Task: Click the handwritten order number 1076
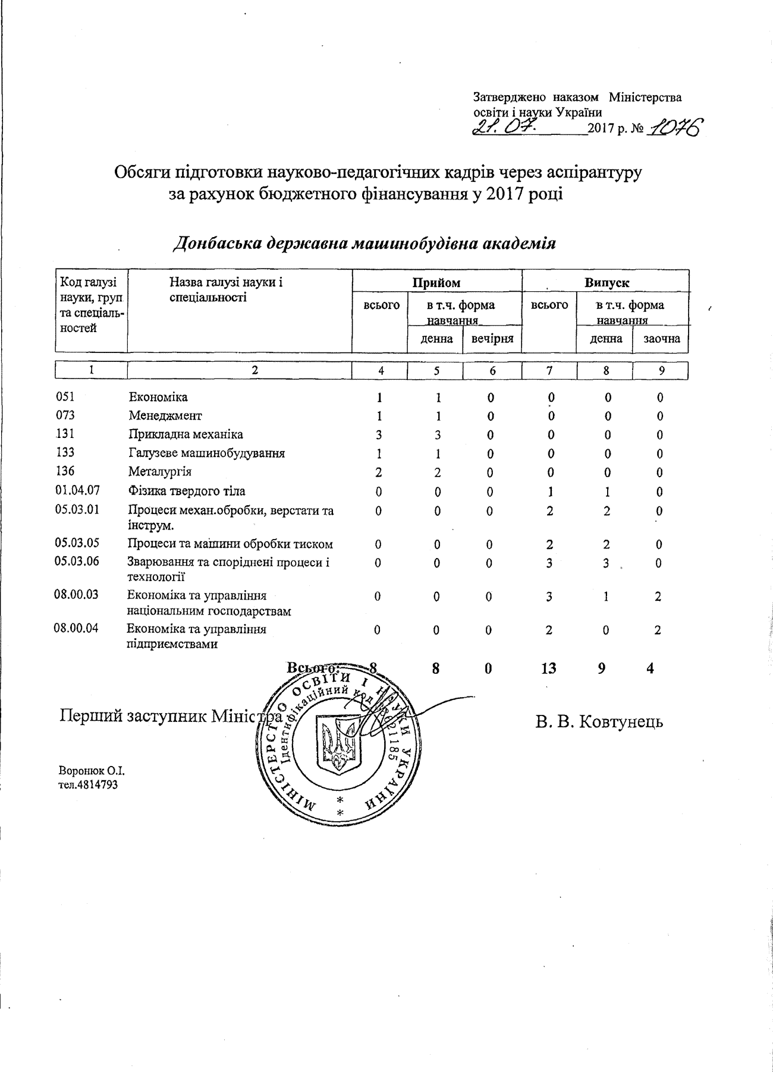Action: (675, 127)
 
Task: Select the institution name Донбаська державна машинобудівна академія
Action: (364, 244)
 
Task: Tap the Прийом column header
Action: (436, 283)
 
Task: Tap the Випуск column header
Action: (606, 283)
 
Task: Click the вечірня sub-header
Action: (492, 339)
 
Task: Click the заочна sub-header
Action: (661, 339)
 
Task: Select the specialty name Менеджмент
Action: (165, 415)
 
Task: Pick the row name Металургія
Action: (160, 472)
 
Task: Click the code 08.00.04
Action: (76, 628)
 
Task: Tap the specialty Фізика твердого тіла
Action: (187, 491)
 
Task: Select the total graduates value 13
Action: (548, 669)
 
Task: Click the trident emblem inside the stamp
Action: (335, 742)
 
